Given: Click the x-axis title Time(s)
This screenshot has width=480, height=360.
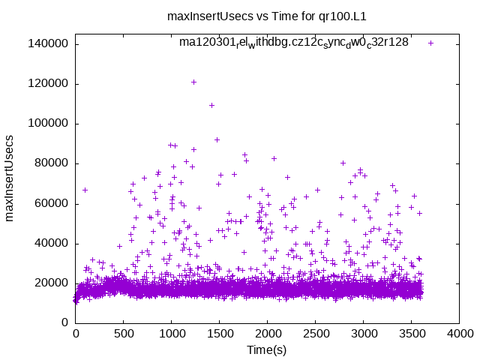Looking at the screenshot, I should pyautogui.click(x=267, y=350).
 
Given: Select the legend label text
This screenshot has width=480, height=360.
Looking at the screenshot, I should pyautogui.click(x=294, y=43).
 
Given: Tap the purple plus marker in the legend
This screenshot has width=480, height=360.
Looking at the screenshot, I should pyautogui.click(x=430, y=43).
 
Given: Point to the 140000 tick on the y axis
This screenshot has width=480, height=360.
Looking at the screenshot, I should pyautogui.click(x=47, y=43).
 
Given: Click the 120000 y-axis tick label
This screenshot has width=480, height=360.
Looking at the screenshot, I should pyautogui.click(x=47, y=83).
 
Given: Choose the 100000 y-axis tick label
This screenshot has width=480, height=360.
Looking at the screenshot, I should pyautogui.click(x=47, y=123).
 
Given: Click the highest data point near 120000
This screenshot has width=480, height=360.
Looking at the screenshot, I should pyautogui.click(x=193, y=82).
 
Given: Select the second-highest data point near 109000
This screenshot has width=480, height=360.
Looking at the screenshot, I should pyautogui.click(x=211, y=105).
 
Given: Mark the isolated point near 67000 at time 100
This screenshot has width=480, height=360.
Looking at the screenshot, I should pyautogui.click(x=85, y=190).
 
